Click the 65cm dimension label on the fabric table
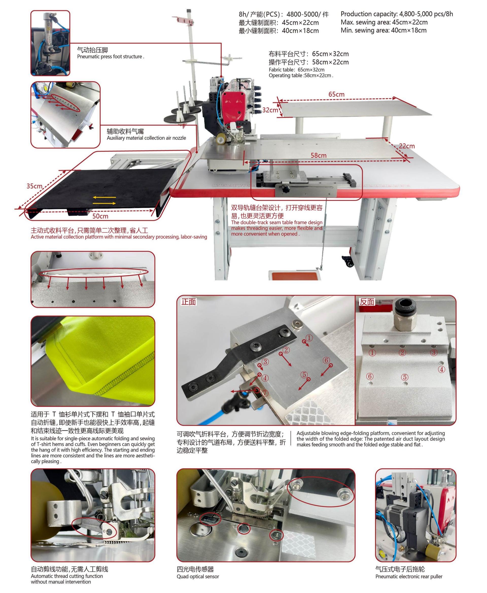pos(336,94)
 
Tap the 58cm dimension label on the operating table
pos(318,155)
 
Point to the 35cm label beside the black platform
pos(34,186)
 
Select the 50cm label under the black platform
pos(100,216)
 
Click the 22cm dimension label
pos(407,146)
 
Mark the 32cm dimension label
pos(270,110)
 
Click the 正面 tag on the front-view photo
pos(188,302)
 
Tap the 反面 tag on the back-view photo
pos(367,302)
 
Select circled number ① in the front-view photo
pos(309,338)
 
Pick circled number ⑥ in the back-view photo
pos(370,376)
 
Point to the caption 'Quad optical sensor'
pos(198,577)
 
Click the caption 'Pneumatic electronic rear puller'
pos(409,577)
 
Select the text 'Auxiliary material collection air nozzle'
pos(146,138)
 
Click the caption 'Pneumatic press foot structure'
pos(111,57)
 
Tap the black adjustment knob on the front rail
pos(286,189)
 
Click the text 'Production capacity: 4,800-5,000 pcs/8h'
pos(396,14)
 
